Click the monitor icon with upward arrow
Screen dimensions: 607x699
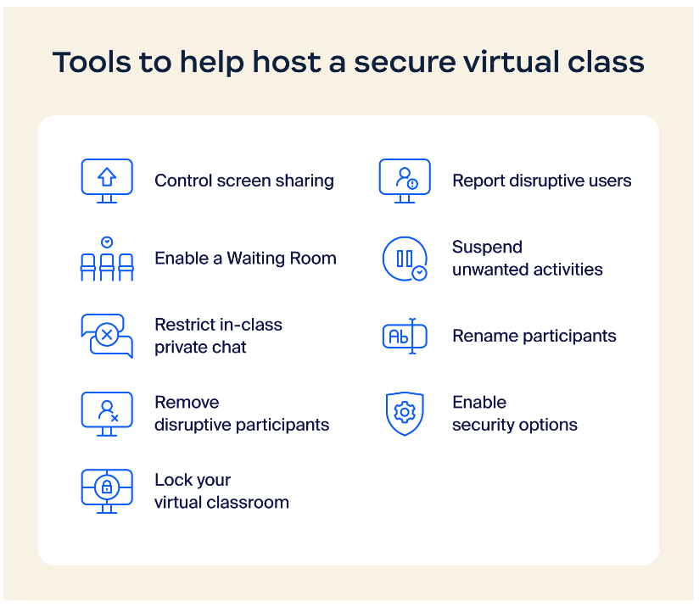(107, 180)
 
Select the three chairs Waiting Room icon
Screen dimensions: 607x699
(107, 259)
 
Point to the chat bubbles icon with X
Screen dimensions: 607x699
(107, 336)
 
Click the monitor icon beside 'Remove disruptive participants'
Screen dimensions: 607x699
(107, 414)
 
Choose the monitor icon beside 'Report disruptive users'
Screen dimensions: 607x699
(405, 180)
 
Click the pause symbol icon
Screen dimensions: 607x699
(405, 258)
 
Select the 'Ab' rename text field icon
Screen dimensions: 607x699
(405, 336)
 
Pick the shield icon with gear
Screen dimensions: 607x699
(405, 413)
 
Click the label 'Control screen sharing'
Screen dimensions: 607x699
(244, 181)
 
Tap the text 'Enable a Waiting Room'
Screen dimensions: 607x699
(245, 259)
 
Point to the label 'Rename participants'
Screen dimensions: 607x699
(534, 336)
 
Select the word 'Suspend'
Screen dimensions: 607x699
(487, 248)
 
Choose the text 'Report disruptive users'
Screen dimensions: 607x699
(541, 181)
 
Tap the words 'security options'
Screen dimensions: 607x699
(514, 425)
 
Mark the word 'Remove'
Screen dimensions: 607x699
(187, 403)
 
